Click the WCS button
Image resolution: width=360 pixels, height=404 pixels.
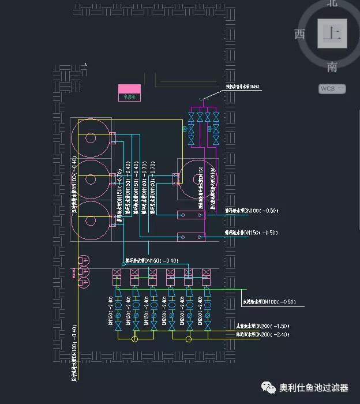[332, 88]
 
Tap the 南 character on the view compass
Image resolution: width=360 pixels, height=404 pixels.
[332, 67]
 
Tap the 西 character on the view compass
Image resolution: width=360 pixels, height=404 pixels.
[299, 34]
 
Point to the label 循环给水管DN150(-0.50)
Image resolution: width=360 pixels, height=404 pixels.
[251, 233]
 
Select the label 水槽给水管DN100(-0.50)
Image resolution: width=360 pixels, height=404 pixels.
[268, 302]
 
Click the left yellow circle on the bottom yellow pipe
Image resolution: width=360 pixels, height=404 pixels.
[134, 339]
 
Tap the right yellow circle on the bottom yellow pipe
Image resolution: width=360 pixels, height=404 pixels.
[188, 339]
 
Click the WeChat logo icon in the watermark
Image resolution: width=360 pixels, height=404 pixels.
[269, 388]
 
